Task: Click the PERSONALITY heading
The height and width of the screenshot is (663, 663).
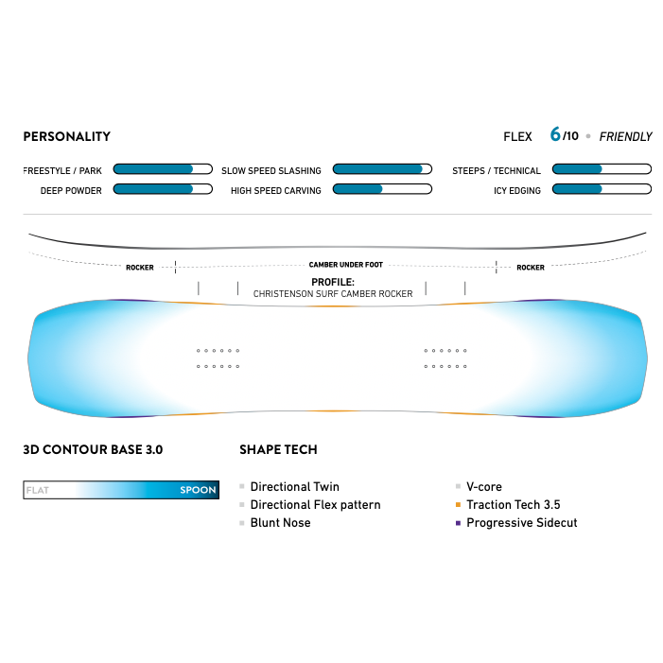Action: (66, 136)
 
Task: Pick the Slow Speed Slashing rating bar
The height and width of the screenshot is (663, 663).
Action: (382, 169)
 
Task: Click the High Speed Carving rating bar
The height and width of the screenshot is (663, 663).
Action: (382, 189)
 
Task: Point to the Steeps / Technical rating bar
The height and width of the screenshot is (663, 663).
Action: (602, 169)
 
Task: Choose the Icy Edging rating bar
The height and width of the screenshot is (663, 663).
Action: (602, 189)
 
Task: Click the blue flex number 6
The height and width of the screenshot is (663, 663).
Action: (555, 134)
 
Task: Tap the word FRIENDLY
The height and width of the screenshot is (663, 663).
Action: (625, 136)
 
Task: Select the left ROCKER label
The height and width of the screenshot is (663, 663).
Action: (140, 268)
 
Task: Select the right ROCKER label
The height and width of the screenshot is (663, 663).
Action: (531, 268)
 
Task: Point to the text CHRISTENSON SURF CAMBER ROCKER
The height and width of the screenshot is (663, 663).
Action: (333, 294)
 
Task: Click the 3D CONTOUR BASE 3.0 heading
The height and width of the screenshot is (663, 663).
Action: (93, 449)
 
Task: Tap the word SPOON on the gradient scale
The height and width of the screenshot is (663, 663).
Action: (199, 491)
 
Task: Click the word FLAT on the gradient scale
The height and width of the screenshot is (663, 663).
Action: (38, 491)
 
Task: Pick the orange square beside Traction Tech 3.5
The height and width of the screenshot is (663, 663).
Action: (458, 505)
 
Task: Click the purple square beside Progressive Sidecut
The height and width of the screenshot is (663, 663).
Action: (458, 523)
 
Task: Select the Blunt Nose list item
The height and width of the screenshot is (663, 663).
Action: (280, 523)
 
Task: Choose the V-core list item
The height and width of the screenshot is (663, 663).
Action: (484, 487)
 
